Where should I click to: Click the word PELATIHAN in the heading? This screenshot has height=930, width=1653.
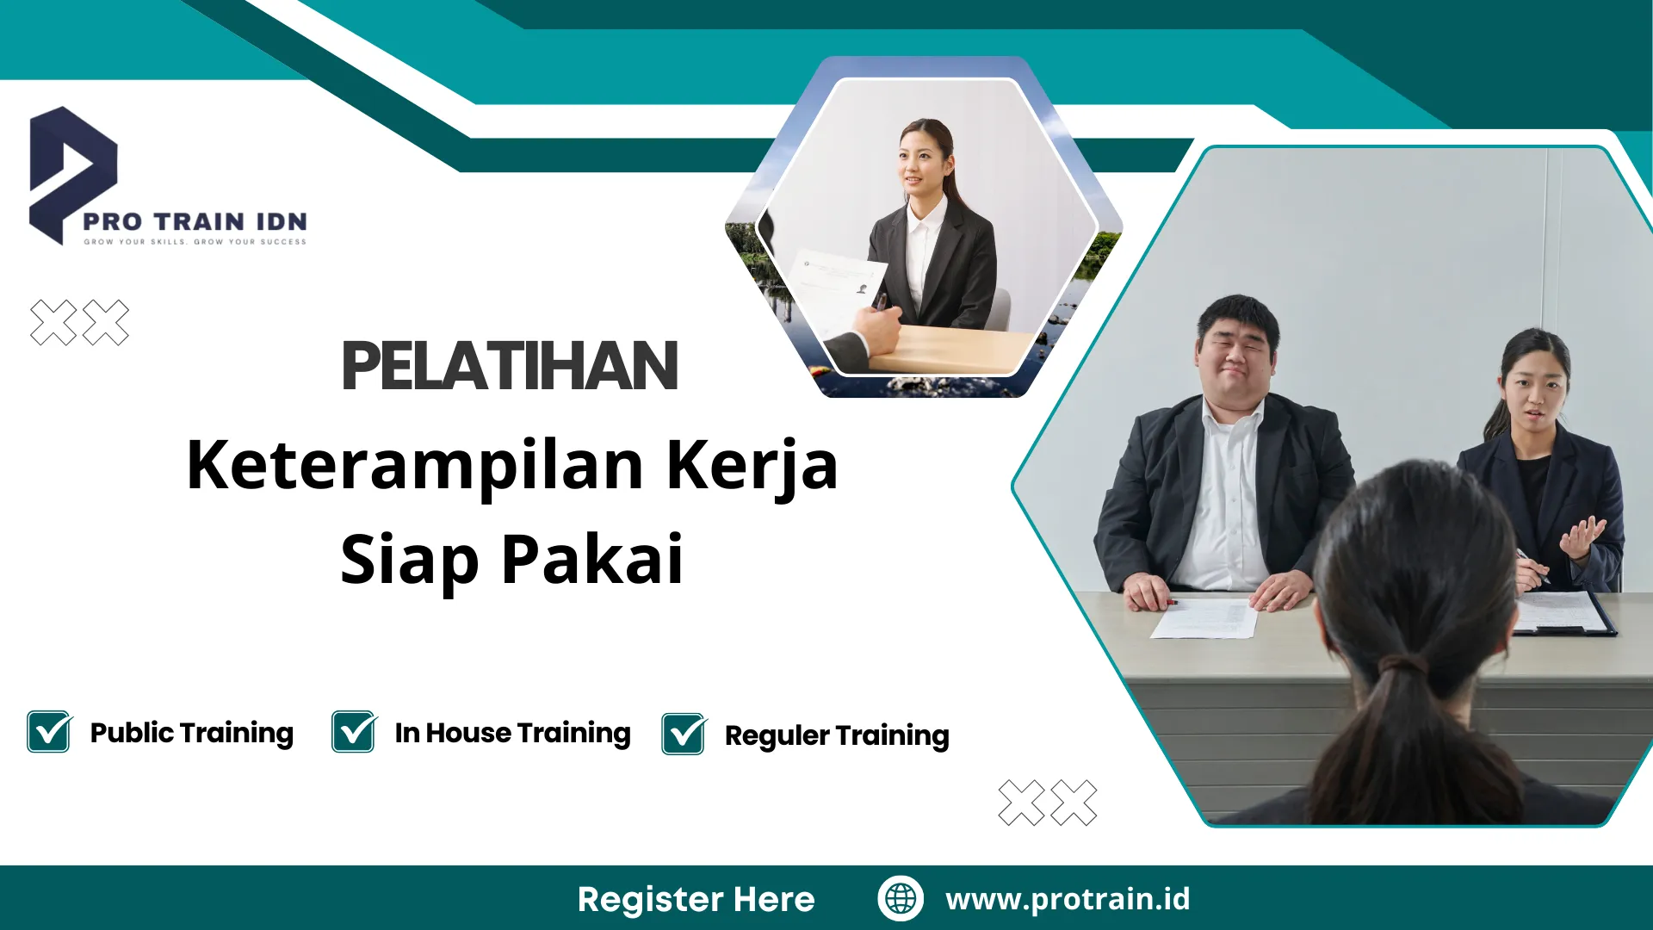(x=510, y=366)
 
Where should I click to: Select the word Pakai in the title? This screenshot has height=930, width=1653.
(x=592, y=560)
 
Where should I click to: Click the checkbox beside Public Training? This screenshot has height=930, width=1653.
(x=49, y=732)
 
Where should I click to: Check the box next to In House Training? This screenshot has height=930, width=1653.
(x=354, y=732)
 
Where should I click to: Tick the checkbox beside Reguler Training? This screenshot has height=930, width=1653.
(x=684, y=735)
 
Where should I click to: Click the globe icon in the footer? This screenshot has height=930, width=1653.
(x=901, y=898)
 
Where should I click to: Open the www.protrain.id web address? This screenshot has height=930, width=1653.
(x=1068, y=898)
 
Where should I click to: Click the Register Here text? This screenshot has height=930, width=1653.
(x=696, y=899)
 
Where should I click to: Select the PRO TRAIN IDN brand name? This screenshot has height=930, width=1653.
(x=195, y=221)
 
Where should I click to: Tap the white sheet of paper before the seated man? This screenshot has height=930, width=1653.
(x=1205, y=618)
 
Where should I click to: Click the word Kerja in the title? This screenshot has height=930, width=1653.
(x=752, y=466)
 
